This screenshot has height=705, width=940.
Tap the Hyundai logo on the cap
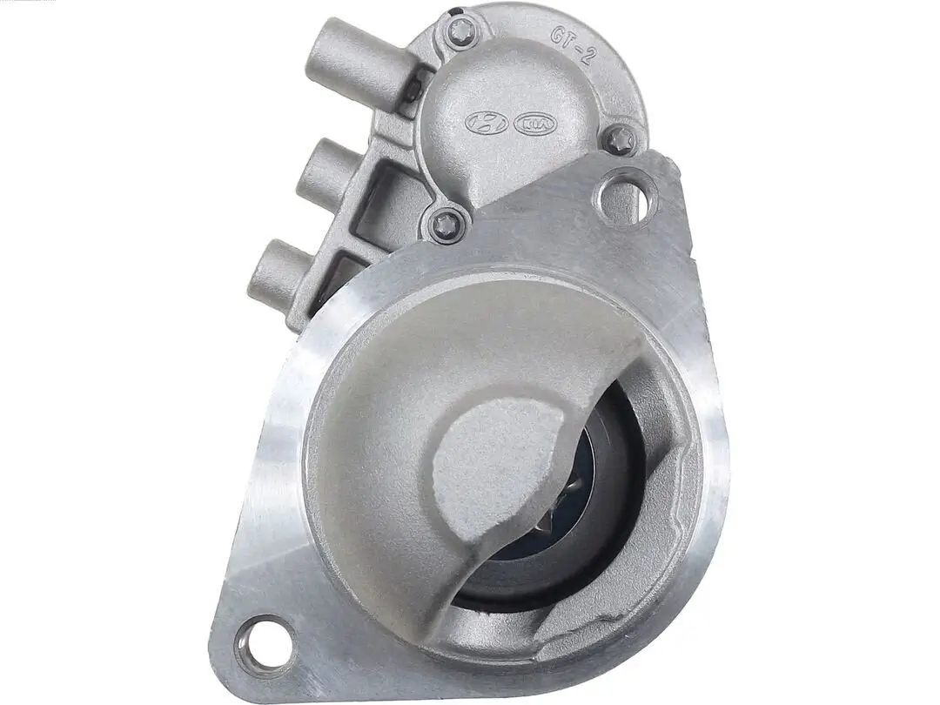pos(486,123)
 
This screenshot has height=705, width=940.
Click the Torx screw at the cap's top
pos(462,32)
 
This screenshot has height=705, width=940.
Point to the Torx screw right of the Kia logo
pos(619,139)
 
